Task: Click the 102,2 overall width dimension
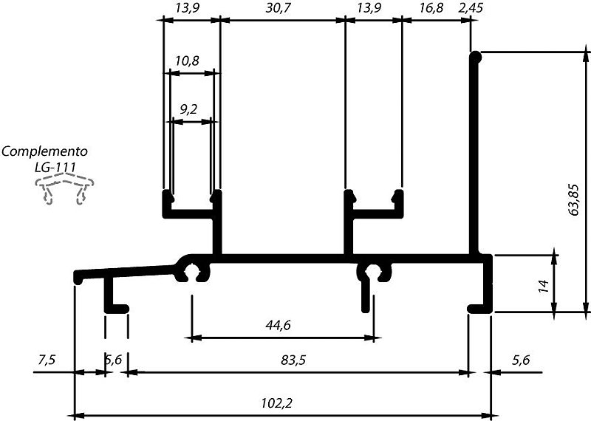pos(276,404)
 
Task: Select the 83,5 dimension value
pos(293,360)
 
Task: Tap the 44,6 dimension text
pos(278,325)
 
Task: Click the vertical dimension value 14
pos(544,287)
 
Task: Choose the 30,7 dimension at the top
pos(279,8)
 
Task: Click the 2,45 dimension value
pos(471,7)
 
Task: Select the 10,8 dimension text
pos(187,61)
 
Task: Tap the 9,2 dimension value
pos(188,109)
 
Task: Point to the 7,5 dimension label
pos(47,360)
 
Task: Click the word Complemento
pos(44,151)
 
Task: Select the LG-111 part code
pos(55,168)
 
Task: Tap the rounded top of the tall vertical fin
pos(475,58)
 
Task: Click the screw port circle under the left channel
pos(193,272)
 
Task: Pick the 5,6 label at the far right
pos(521,360)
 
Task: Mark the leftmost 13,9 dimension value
pos(188,8)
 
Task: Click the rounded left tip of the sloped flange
pos(78,278)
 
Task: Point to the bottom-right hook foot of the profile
pos(479,308)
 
